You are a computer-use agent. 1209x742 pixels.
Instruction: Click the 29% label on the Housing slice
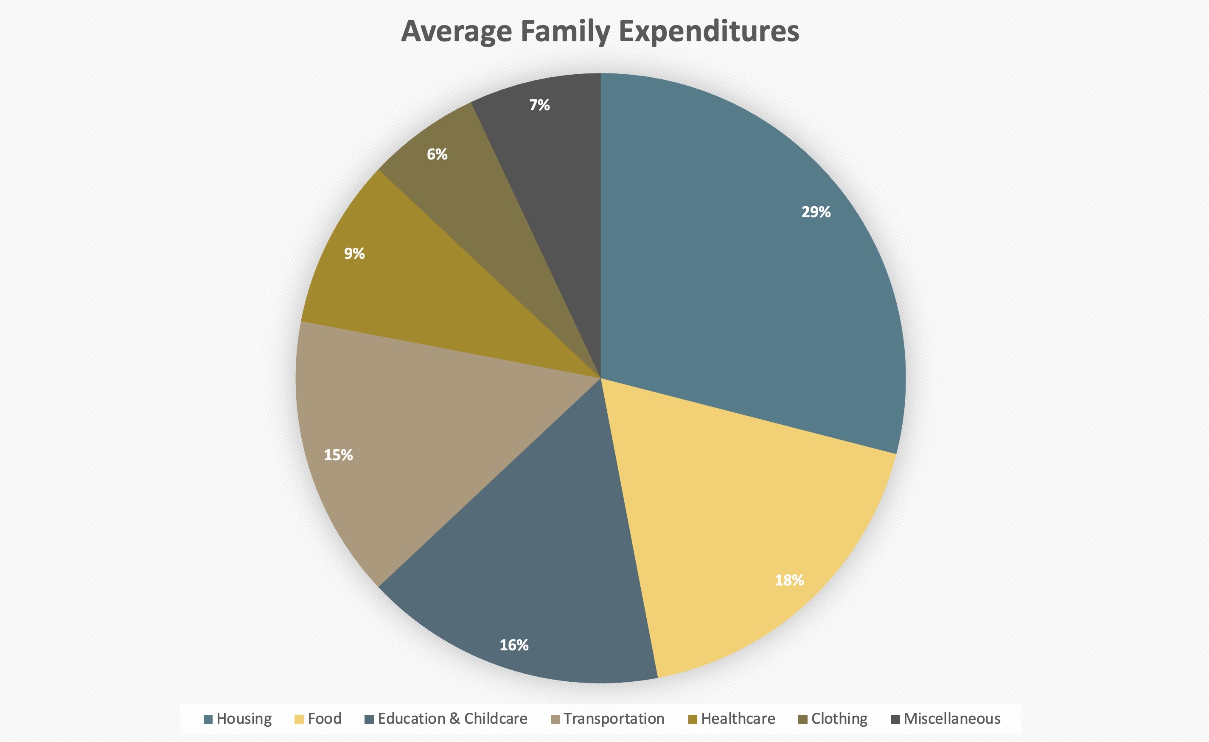coord(816,212)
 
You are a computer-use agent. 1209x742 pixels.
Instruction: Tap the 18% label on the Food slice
coord(789,580)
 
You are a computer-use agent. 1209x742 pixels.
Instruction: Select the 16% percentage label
coord(514,645)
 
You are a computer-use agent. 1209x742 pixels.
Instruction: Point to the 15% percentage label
coord(338,455)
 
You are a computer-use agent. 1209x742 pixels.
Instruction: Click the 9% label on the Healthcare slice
coord(354,253)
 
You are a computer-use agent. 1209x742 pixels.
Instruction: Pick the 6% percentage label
coord(437,154)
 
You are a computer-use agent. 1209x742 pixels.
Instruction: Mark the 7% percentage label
coord(539,105)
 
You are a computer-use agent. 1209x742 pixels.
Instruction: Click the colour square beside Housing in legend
coord(208,720)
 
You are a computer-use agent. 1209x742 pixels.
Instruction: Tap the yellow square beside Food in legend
coord(299,720)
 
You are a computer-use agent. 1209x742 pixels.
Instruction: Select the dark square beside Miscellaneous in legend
coord(895,720)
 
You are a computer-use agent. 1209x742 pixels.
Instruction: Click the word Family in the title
coord(564,31)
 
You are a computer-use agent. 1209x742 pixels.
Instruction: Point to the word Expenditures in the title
coord(709,31)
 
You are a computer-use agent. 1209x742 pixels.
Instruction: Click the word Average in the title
coord(457,31)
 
